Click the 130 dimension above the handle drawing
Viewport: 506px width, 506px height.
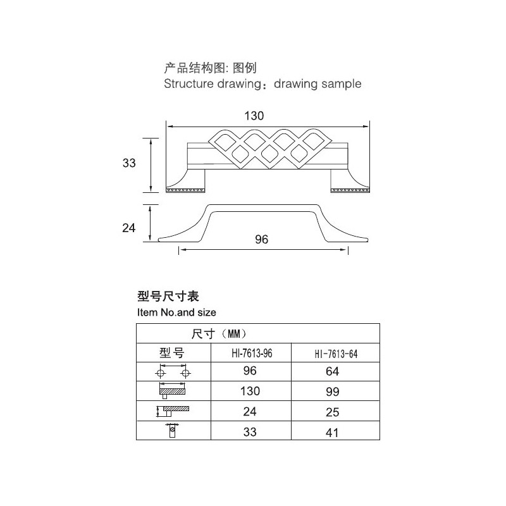click(x=254, y=116)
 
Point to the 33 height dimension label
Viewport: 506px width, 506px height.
click(x=129, y=163)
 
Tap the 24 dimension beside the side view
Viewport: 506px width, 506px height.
click(x=129, y=228)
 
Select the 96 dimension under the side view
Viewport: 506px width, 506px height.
click(x=261, y=240)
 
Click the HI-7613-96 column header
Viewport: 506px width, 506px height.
click(x=252, y=354)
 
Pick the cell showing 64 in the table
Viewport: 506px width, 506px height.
click(x=333, y=371)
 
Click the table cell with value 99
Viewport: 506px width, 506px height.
click(x=333, y=392)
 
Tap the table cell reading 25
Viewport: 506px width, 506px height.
click(x=333, y=412)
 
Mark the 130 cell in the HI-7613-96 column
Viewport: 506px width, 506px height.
click(x=250, y=391)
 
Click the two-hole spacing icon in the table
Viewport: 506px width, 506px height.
click(x=173, y=371)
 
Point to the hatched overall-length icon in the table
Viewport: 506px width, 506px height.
click(x=172, y=390)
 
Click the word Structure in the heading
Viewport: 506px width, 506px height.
click(x=188, y=83)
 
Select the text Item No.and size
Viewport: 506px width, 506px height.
click(x=176, y=312)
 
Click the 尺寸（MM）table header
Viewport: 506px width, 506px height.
click(x=219, y=334)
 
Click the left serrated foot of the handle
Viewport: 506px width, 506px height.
click(x=185, y=190)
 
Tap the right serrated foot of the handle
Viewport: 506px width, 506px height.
click(x=350, y=190)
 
